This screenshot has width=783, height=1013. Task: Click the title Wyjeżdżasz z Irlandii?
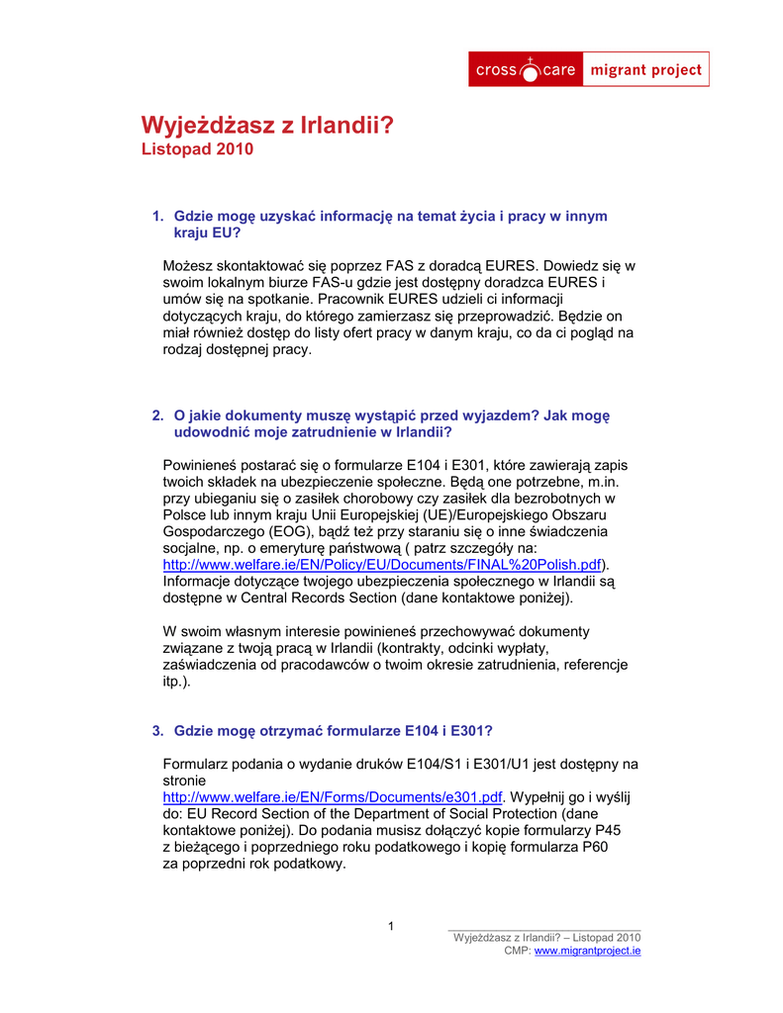267,126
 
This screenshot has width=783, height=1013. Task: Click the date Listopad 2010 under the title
198,149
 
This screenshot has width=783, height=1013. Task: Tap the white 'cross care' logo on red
526,70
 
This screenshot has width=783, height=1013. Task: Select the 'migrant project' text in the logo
645,70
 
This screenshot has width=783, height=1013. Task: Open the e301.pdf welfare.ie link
333,796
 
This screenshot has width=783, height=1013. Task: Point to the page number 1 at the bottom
391,927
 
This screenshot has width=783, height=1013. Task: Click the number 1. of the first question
157,216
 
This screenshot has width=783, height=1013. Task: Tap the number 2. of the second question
157,415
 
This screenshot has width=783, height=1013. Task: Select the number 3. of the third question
157,730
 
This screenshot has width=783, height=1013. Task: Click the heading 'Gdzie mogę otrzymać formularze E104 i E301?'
334,730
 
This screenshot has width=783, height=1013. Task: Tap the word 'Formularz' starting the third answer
196,764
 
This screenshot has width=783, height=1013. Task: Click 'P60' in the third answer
596,847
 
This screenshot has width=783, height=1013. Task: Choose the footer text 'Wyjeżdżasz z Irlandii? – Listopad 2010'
546,937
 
